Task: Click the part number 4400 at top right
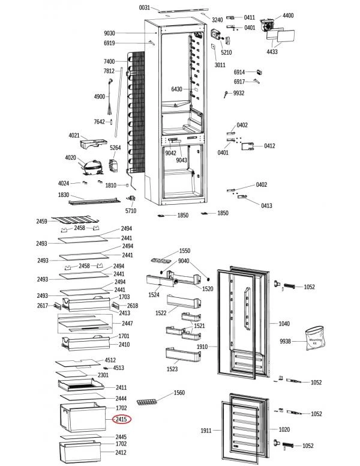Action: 288,15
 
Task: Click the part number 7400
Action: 109,62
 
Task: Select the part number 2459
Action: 41,222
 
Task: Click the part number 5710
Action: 131,211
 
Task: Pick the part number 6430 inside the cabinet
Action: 176,89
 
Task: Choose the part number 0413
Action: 266,206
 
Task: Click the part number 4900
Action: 100,97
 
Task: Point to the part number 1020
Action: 284,430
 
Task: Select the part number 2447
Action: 127,324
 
